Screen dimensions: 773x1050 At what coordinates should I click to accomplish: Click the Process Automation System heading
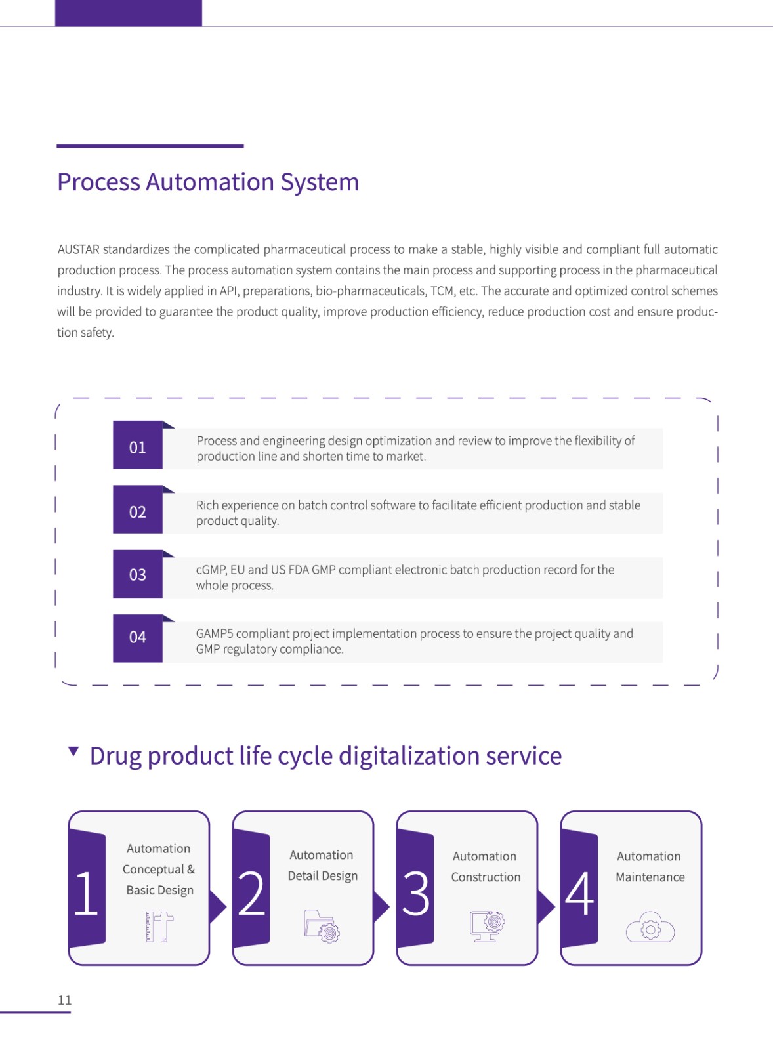click(208, 182)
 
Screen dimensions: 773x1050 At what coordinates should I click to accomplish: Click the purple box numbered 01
click(138, 445)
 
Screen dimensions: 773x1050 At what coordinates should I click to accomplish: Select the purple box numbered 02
click(138, 509)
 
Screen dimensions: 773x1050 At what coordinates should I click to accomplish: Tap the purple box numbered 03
click(138, 574)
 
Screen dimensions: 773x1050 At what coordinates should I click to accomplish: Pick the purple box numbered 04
click(138, 639)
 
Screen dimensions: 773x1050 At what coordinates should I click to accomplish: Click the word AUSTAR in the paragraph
click(78, 249)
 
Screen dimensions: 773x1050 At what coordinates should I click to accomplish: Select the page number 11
click(65, 1000)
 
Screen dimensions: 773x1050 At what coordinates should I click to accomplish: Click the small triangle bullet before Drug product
click(73, 751)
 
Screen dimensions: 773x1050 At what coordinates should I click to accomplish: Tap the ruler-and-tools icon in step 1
click(159, 927)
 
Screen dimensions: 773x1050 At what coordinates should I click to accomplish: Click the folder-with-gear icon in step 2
click(322, 926)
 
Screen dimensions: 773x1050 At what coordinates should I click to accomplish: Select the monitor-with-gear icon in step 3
click(488, 926)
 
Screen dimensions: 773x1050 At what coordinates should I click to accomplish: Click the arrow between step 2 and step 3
click(381, 907)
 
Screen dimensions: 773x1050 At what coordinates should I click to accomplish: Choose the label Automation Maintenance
click(650, 867)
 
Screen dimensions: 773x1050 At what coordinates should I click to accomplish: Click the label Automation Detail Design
click(322, 866)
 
